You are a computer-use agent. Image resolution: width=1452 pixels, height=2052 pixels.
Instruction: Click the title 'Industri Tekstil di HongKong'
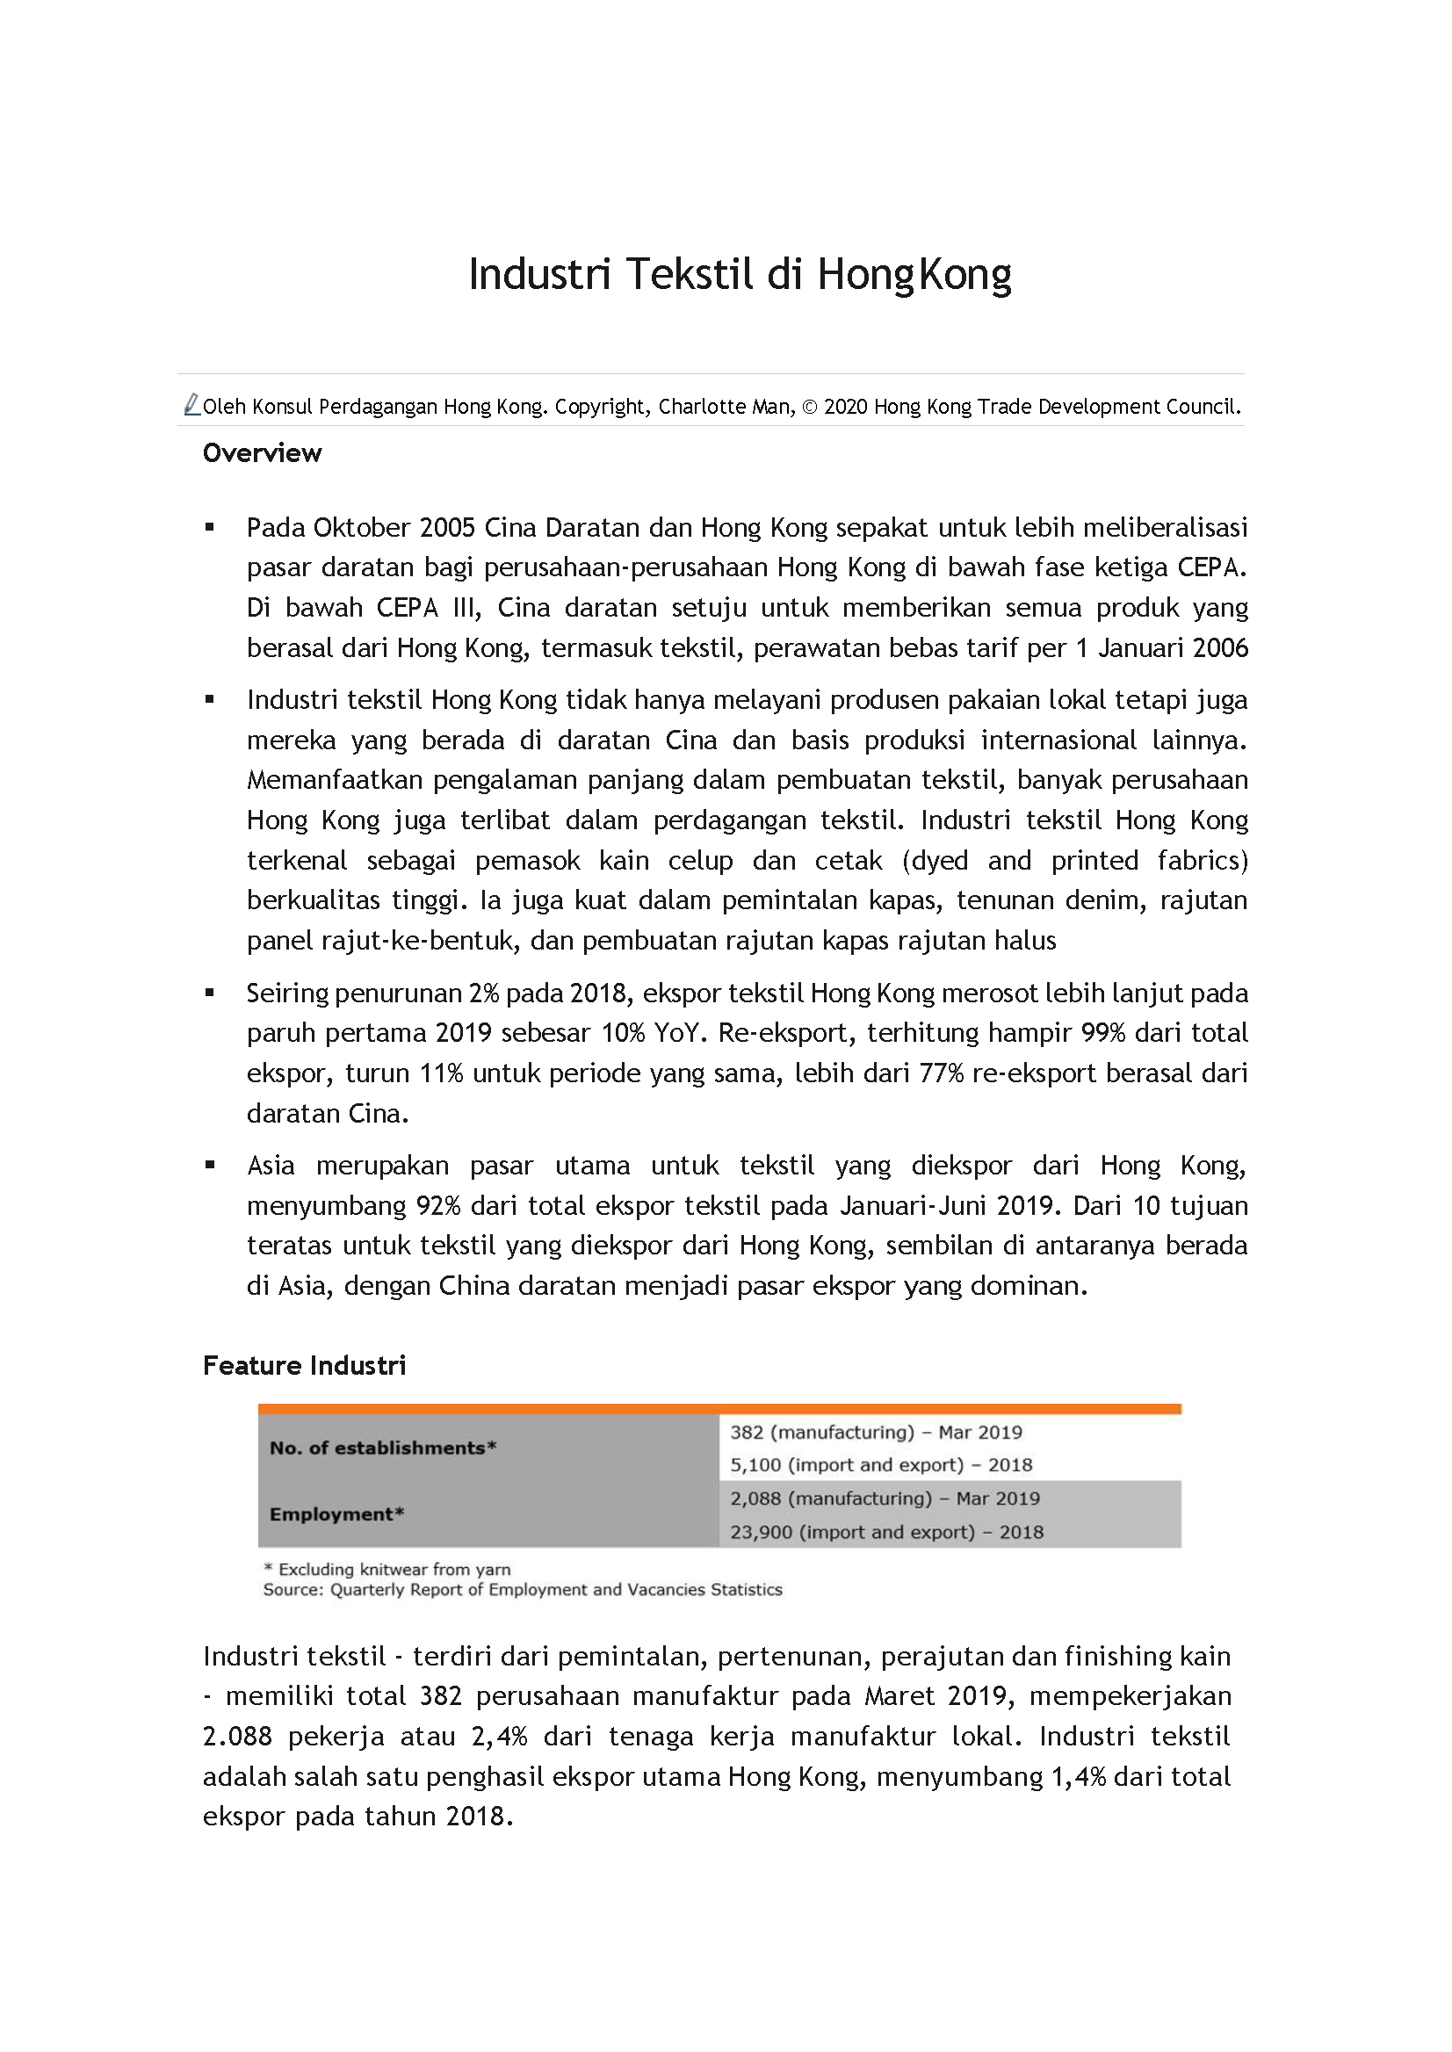click(740, 274)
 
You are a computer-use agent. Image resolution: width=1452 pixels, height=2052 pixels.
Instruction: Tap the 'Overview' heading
click(262, 453)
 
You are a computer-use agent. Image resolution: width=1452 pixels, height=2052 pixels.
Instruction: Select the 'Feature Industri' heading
click(304, 1365)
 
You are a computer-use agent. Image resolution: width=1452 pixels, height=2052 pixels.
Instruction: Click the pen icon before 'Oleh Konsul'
click(191, 405)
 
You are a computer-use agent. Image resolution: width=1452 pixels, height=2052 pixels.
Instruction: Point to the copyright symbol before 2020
click(809, 408)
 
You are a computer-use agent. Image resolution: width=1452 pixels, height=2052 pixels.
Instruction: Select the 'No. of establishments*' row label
click(383, 1448)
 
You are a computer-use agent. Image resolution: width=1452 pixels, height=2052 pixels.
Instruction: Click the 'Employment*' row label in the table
click(337, 1514)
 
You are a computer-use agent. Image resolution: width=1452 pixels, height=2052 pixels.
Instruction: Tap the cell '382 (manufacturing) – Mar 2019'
click(875, 1433)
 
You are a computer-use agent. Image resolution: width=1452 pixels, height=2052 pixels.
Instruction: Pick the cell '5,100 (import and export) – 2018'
click(881, 1464)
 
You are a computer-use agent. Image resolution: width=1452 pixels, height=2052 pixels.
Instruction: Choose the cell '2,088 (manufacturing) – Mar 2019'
click(885, 1499)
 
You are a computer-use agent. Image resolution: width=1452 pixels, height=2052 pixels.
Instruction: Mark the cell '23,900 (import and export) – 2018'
click(886, 1532)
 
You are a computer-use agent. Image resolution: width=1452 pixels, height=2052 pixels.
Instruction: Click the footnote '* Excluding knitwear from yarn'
click(387, 1569)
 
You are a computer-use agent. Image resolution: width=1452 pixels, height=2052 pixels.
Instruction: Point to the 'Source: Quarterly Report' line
click(522, 1590)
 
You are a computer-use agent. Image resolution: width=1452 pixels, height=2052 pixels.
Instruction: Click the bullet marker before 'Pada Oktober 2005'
click(210, 528)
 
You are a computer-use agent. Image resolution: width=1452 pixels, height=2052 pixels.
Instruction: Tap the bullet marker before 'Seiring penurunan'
click(210, 993)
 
